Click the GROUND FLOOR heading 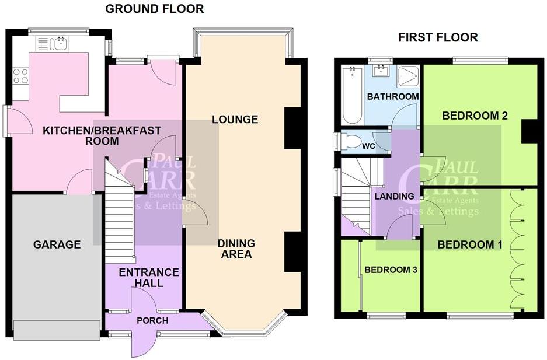coord(155,9)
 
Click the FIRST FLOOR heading coord(438,37)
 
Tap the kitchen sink coord(53,43)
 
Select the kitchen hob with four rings coord(20,76)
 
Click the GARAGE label coord(57,244)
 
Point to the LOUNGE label coord(235,120)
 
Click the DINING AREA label coord(236,249)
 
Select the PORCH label coord(152,321)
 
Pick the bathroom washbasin coord(381,72)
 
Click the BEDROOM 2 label coord(474,116)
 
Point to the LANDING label coord(395,196)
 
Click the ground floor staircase coord(120,210)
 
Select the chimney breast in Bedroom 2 coord(529,131)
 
